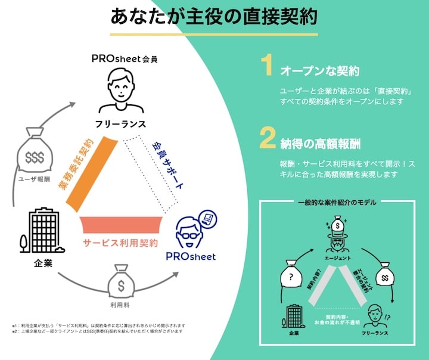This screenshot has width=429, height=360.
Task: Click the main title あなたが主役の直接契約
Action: (x=214, y=16)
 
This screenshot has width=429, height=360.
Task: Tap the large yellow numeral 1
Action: (x=268, y=67)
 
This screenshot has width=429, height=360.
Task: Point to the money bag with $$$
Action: (x=35, y=154)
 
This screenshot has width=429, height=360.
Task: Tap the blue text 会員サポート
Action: (x=168, y=166)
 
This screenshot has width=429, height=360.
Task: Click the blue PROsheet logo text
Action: (x=191, y=257)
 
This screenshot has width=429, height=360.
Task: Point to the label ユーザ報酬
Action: (x=35, y=178)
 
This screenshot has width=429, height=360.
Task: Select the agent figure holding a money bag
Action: (x=337, y=235)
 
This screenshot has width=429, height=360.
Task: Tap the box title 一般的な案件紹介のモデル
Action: (x=337, y=203)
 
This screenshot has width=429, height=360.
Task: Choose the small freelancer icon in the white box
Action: (x=373, y=316)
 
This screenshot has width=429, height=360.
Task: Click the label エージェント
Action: (x=337, y=257)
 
